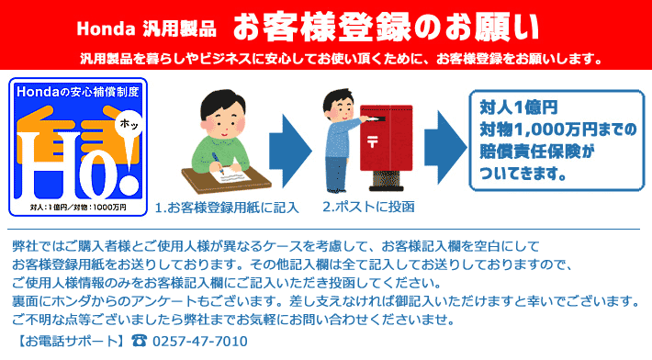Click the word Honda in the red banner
[x=106, y=28]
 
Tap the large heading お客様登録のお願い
[x=386, y=28]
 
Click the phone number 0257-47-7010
[x=200, y=342]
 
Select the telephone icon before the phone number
[x=139, y=341]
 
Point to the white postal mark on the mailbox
[x=372, y=141]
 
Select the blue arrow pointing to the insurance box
[x=445, y=148]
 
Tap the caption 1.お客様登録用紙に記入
[x=227, y=207]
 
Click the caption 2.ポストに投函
[x=368, y=207]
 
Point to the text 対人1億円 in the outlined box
[x=519, y=107]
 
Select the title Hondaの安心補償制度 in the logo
[x=78, y=92]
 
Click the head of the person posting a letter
[x=339, y=105]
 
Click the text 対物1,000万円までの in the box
[x=558, y=129]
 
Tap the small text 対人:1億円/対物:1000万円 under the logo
[x=78, y=207]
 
